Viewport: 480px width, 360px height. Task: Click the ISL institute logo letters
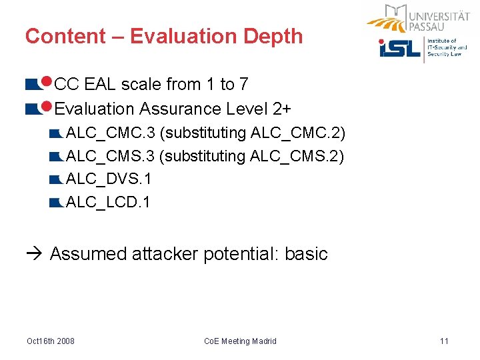tap(400, 49)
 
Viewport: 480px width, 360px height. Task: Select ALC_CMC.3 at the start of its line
tap(109, 133)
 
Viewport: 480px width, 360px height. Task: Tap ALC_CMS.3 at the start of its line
tap(109, 156)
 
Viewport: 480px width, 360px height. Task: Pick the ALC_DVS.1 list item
tap(109, 179)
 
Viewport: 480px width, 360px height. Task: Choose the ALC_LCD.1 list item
tap(109, 202)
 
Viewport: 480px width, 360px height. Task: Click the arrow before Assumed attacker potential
tap(36, 254)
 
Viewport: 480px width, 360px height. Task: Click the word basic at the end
tap(306, 254)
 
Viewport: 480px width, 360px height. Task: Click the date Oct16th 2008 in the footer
tap(51, 341)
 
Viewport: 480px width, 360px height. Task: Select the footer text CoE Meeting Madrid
tap(240, 341)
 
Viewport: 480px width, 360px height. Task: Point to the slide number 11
tap(444, 341)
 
